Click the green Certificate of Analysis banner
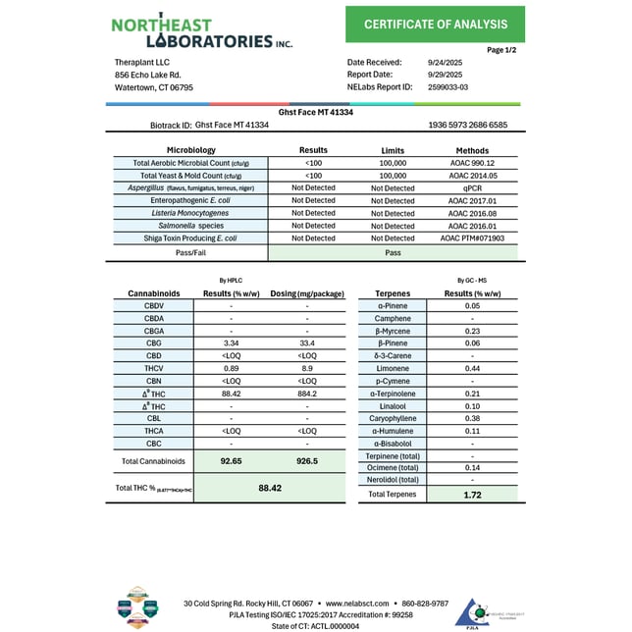435,25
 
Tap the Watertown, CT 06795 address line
154,87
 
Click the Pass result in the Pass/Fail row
392,252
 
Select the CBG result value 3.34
232,344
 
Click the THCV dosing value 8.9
307,369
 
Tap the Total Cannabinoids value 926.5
307,460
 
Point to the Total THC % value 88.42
270,488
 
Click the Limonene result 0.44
472,368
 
